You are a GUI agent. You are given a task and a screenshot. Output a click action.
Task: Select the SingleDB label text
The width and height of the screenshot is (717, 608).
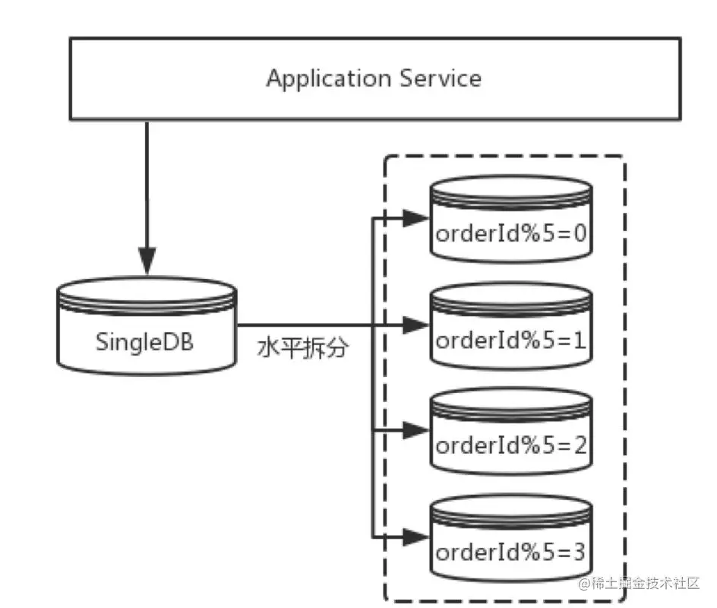tap(144, 341)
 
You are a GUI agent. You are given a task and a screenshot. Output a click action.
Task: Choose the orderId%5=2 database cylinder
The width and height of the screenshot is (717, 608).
tap(510, 434)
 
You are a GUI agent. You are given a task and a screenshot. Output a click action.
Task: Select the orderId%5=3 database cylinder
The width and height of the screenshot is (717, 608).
tap(510, 540)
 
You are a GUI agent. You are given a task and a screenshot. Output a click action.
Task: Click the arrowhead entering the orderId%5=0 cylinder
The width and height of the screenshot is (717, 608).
tap(415, 219)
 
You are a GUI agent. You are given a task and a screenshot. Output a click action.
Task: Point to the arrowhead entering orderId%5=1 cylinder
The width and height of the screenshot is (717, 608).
tap(415, 325)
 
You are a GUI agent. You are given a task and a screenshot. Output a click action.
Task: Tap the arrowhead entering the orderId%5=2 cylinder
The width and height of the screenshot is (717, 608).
tap(415, 430)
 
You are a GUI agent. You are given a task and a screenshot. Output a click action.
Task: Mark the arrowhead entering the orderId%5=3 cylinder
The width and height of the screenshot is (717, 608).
tap(415, 537)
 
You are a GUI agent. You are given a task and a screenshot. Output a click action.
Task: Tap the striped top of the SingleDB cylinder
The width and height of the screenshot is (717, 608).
tap(147, 293)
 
